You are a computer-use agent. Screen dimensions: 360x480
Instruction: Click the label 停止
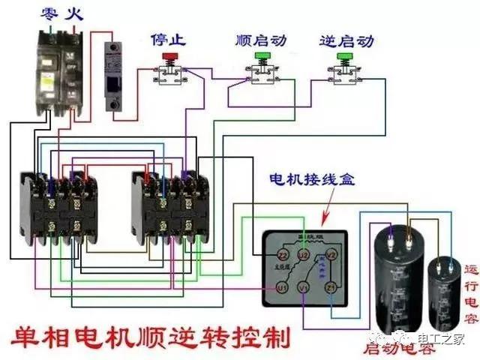pyautogui.click(x=169, y=37)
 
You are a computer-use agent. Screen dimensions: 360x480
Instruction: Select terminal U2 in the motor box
pyautogui.click(x=304, y=256)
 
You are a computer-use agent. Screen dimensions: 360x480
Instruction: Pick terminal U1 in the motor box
pyautogui.click(x=283, y=288)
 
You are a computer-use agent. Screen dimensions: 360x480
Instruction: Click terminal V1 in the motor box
pyautogui.click(x=303, y=286)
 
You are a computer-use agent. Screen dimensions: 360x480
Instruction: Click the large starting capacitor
pyautogui.click(x=397, y=281)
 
